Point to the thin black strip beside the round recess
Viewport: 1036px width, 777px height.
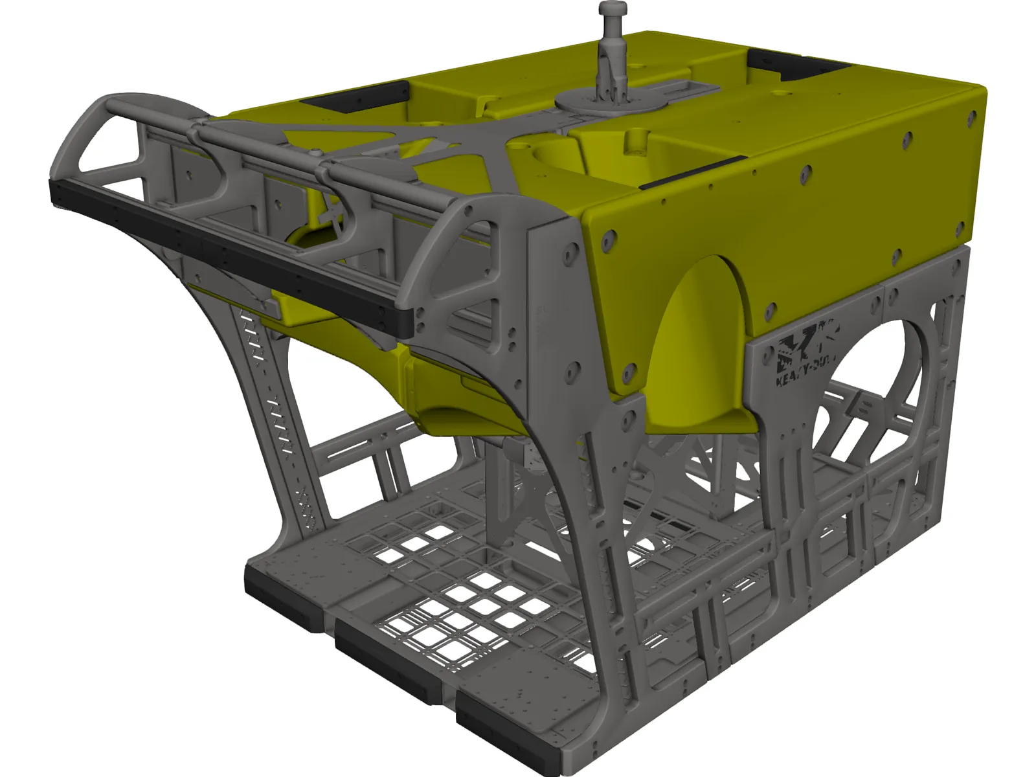690,172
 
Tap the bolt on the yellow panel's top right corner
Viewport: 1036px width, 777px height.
971,115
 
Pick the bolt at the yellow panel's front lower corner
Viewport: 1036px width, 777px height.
627,374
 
